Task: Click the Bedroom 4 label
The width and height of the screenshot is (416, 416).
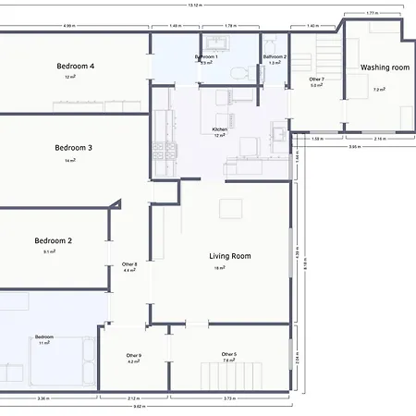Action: [x=76, y=67]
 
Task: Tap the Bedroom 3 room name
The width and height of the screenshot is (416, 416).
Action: [x=73, y=148]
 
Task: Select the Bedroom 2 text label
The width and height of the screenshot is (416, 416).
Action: [x=53, y=240]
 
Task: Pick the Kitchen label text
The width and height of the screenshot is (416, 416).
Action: [x=219, y=129]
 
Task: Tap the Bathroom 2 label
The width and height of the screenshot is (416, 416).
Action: [x=275, y=57]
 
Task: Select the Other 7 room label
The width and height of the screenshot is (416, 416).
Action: [x=316, y=80]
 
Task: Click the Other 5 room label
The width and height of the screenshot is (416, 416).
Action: [x=228, y=354]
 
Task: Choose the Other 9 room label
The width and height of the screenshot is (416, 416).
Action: [x=134, y=356]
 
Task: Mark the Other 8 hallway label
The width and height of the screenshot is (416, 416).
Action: [x=130, y=264]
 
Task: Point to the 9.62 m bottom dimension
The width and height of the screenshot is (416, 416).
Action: [x=138, y=406]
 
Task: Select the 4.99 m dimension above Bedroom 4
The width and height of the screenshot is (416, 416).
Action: [x=69, y=26]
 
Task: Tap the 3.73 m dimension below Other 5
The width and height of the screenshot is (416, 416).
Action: [x=229, y=398]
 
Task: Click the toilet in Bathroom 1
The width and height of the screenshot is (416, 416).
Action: [x=239, y=72]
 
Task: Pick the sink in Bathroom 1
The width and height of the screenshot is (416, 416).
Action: [x=214, y=43]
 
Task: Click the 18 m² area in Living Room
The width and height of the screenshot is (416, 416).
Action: [x=220, y=268]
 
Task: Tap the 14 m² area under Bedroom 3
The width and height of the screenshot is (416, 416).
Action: [x=69, y=161]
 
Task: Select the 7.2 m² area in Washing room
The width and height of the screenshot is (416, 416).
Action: [x=379, y=90]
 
